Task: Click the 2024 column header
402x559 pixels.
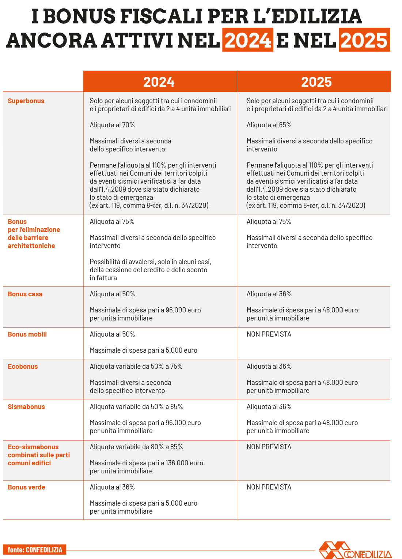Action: click(159, 82)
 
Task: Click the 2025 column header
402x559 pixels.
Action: click(316, 82)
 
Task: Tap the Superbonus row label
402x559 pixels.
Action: click(26, 101)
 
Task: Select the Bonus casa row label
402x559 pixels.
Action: click(25, 294)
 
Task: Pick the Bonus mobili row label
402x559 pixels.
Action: click(27, 334)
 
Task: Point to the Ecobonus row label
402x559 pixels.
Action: click(23, 366)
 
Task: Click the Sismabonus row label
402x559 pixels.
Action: click(26, 406)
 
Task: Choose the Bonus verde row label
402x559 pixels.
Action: click(26, 487)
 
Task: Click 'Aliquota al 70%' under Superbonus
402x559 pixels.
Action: click(112, 125)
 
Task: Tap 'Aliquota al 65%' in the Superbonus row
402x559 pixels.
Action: click(269, 125)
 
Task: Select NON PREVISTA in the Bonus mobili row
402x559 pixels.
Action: click(269, 334)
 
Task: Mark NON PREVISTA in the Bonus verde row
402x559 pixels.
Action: click(269, 487)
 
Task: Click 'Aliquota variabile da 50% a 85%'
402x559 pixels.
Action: click(136, 406)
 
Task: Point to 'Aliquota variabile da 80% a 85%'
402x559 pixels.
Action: click(136, 447)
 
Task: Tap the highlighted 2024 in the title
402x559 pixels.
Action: click(248, 40)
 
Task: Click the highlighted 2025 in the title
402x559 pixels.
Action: click(364, 40)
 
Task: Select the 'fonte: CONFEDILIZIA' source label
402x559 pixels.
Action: click(35, 549)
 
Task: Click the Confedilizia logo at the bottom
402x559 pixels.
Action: click(355, 550)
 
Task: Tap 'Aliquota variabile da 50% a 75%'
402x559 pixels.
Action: click(136, 366)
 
